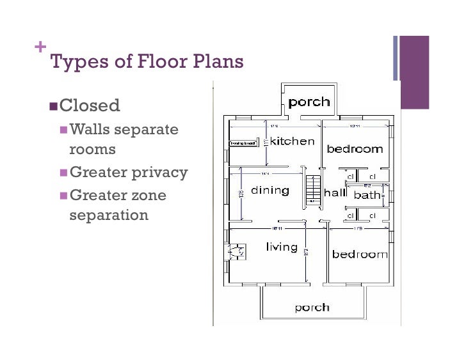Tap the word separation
coord(109,215)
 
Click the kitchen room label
coord(293,141)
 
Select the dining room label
coord(270,191)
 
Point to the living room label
coord(282,247)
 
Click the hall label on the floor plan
coord(335,192)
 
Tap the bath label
coord(367,194)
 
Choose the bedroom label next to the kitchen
coord(355,149)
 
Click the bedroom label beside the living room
coord(359,254)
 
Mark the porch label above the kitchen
coord(309,102)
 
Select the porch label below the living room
coord(312,308)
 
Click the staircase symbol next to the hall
coord(312,189)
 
